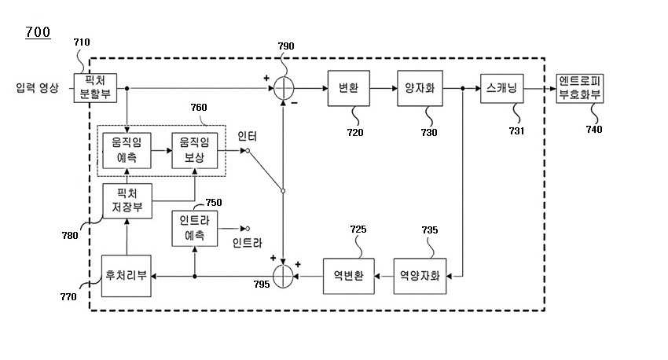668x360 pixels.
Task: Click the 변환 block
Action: (348, 88)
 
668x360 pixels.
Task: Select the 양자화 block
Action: (420, 88)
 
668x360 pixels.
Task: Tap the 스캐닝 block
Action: (502, 88)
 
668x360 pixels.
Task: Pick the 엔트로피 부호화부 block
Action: (579, 88)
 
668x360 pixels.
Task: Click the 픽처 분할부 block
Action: (95, 88)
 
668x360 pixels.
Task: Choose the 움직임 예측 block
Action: (127, 150)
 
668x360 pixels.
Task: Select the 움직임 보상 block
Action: (194, 150)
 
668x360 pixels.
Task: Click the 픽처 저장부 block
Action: (127, 201)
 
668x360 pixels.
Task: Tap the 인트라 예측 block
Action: (194, 229)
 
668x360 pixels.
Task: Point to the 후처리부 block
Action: (126, 276)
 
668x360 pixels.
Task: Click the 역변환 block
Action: (348, 276)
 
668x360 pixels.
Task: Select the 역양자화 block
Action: (420, 276)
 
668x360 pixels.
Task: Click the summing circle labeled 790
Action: (283, 88)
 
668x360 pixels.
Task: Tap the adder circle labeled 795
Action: (283, 276)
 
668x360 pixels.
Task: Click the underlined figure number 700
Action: (38, 32)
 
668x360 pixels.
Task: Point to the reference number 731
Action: (516, 130)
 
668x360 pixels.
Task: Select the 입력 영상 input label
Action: (37, 88)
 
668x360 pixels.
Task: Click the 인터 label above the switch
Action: (247, 136)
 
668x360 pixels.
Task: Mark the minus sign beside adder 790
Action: (295, 103)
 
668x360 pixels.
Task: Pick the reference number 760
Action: (199, 108)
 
